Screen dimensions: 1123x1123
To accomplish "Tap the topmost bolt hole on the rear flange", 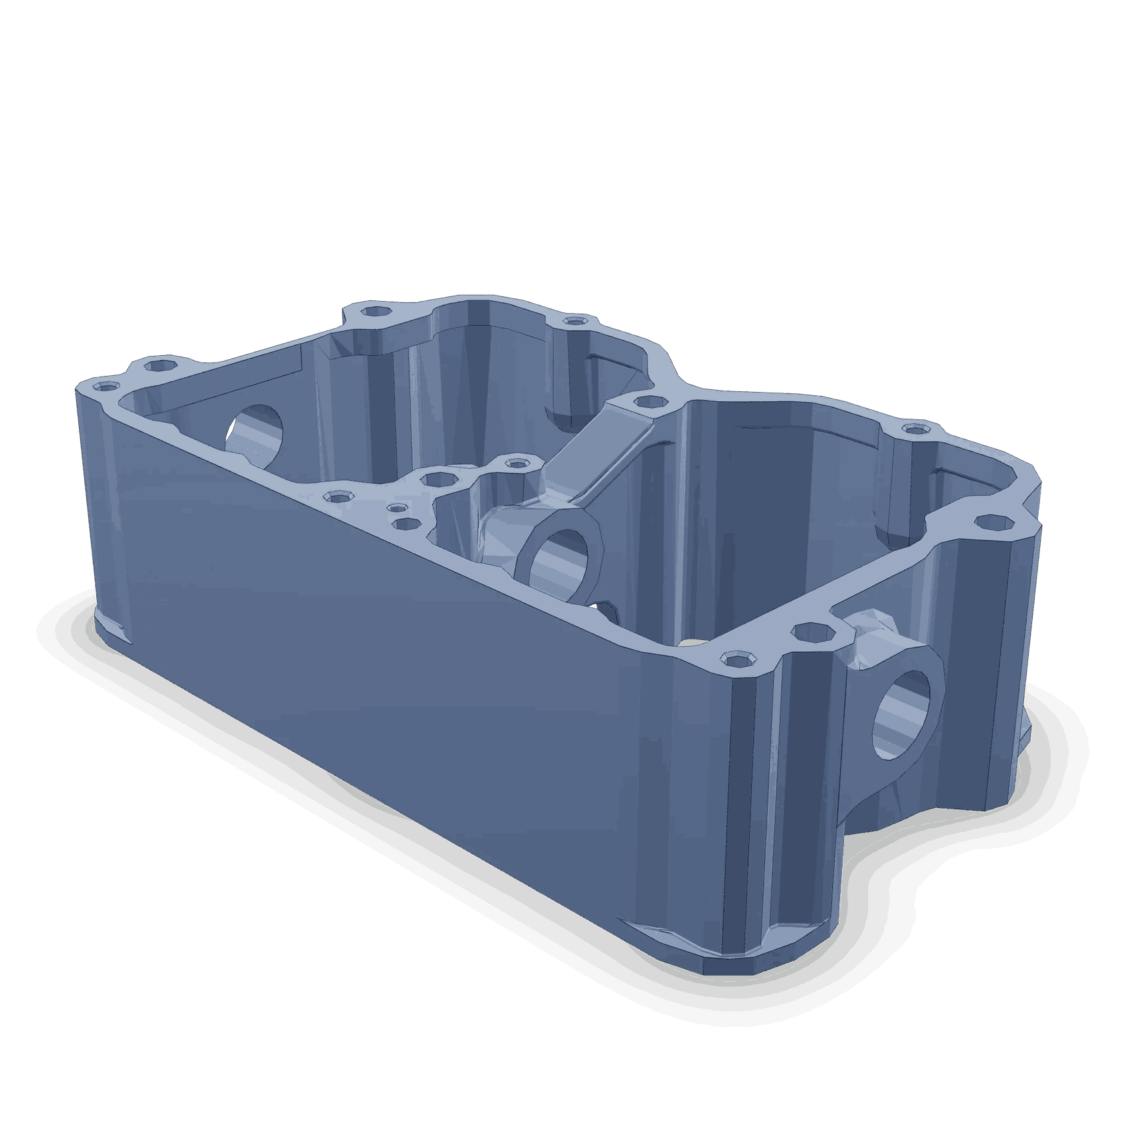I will coord(373,312).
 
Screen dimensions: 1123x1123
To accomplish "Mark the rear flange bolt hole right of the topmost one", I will coord(573,322).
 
